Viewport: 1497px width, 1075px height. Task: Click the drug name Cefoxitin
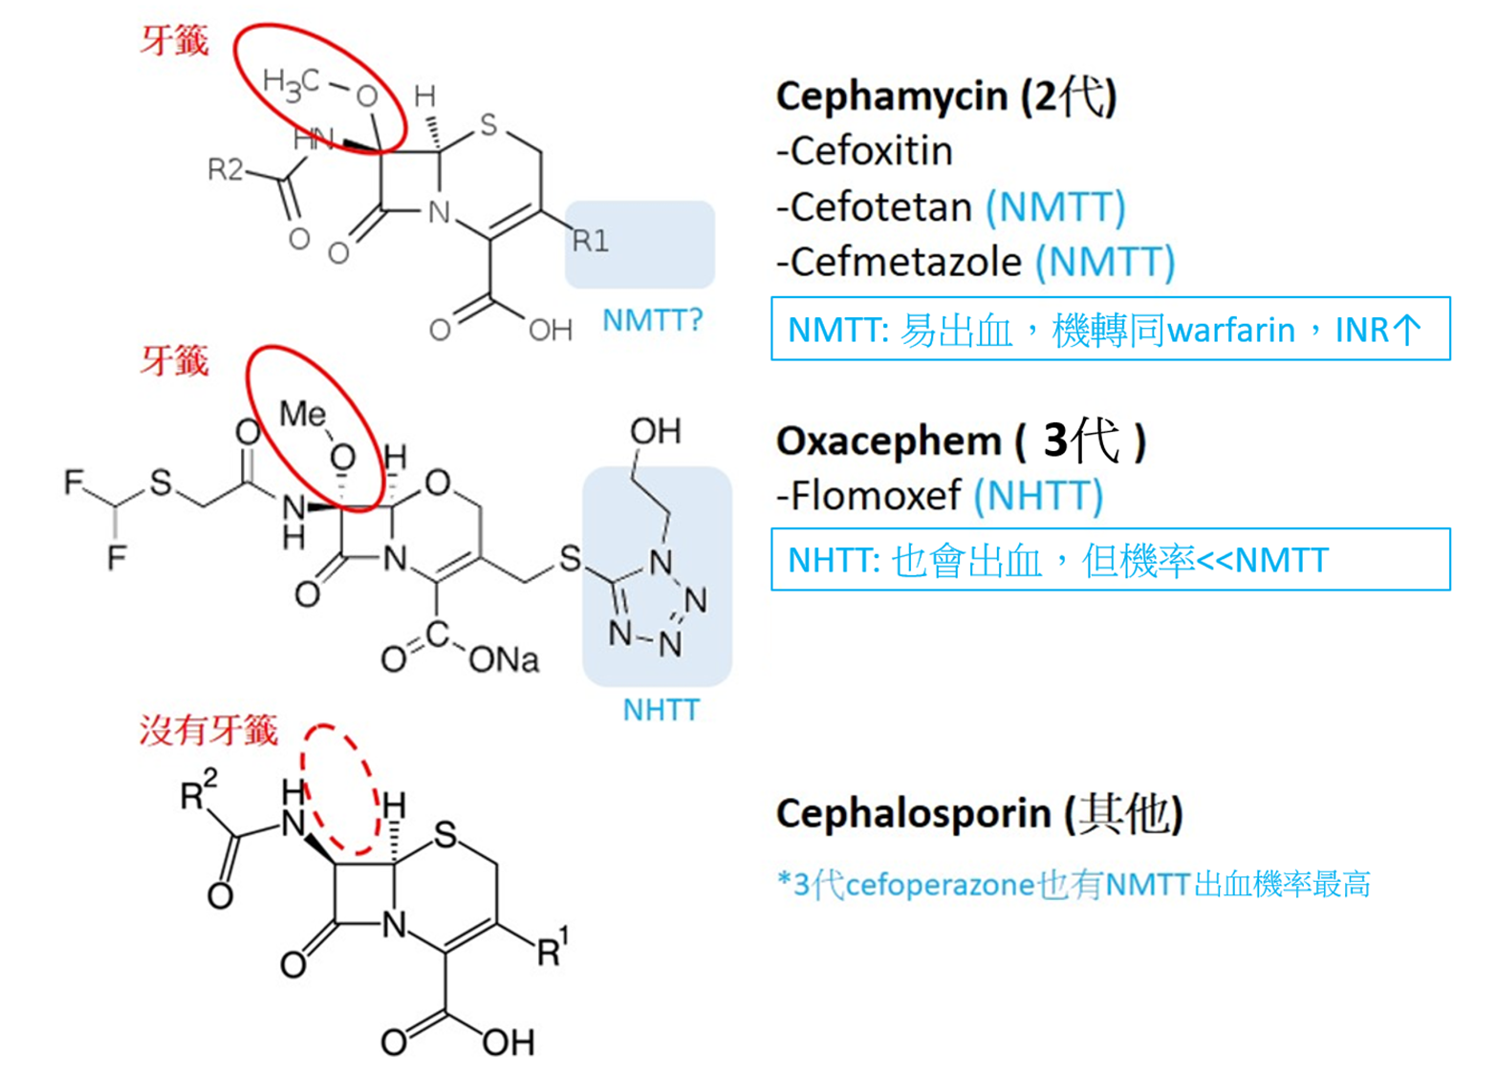pyautogui.click(x=871, y=151)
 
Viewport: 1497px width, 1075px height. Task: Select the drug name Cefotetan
pyautogui.click(x=880, y=206)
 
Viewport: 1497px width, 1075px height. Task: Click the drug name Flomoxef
pyautogui.click(x=875, y=496)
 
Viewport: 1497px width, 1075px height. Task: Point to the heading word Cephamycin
pyautogui.click(x=891, y=97)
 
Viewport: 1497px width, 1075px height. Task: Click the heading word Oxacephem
pyautogui.click(x=888, y=441)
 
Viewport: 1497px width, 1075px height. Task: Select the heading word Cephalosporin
pyautogui.click(x=913, y=814)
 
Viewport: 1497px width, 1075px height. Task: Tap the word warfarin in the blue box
pyautogui.click(x=1231, y=331)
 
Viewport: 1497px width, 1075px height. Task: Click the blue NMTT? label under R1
pyautogui.click(x=652, y=320)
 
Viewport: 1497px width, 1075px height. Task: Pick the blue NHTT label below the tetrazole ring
pyautogui.click(x=661, y=710)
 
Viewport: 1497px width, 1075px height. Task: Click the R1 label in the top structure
pyautogui.click(x=590, y=241)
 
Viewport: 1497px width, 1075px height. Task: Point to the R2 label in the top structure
pyautogui.click(x=226, y=170)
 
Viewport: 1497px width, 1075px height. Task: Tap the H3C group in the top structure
pyautogui.click(x=291, y=83)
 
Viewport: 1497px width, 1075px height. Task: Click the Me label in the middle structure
pyautogui.click(x=302, y=414)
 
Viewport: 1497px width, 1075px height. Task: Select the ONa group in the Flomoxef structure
pyautogui.click(x=504, y=659)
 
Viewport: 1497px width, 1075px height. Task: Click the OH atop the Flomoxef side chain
pyautogui.click(x=656, y=431)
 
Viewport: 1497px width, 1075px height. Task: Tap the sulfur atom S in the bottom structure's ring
pyautogui.click(x=445, y=835)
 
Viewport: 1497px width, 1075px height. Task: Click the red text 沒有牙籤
pyautogui.click(x=208, y=731)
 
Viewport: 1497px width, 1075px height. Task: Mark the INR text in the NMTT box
pyautogui.click(x=1361, y=331)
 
